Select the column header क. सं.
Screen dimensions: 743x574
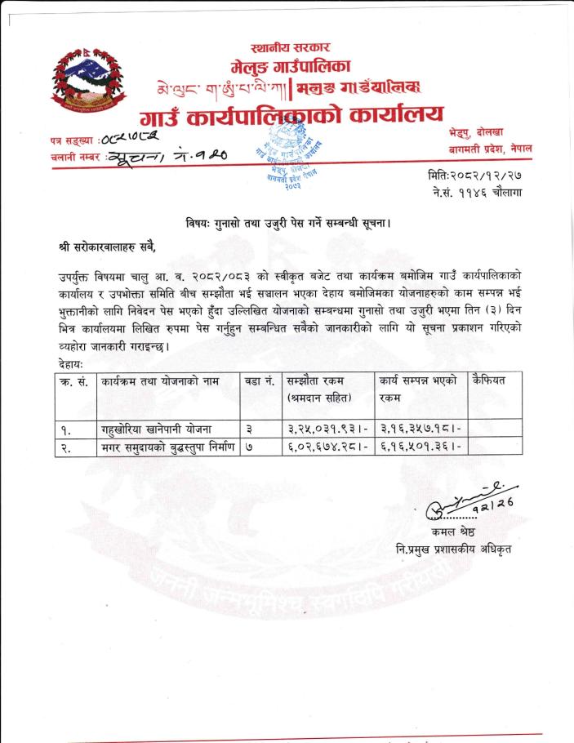point(75,380)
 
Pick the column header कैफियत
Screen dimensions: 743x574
point(489,380)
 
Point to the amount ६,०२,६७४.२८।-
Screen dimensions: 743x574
point(328,447)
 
